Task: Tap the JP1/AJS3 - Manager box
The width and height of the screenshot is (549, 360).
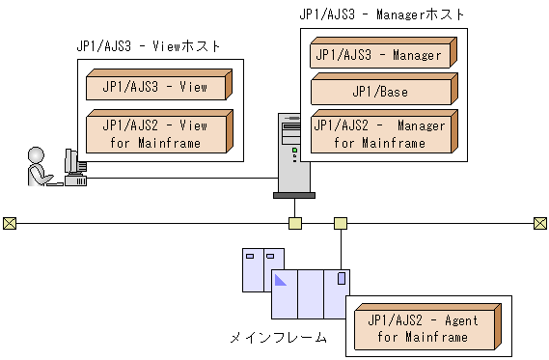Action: [x=382, y=55]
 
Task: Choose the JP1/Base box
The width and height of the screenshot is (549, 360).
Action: [x=382, y=91]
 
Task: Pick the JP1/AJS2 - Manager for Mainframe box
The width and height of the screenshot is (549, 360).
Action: [x=382, y=133]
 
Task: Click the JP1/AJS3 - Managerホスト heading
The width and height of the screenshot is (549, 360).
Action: [x=383, y=14]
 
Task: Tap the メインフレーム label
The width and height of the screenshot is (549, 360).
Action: [x=278, y=338]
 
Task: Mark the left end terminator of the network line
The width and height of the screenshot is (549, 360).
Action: [x=10, y=223]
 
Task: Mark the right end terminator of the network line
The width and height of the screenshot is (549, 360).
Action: [x=539, y=223]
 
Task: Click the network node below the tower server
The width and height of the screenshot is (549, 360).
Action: [x=295, y=223]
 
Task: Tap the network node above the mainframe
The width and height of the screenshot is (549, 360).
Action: [x=340, y=223]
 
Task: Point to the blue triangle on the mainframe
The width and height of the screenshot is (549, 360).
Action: [x=281, y=281]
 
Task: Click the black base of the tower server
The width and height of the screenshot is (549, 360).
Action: [x=293, y=194]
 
